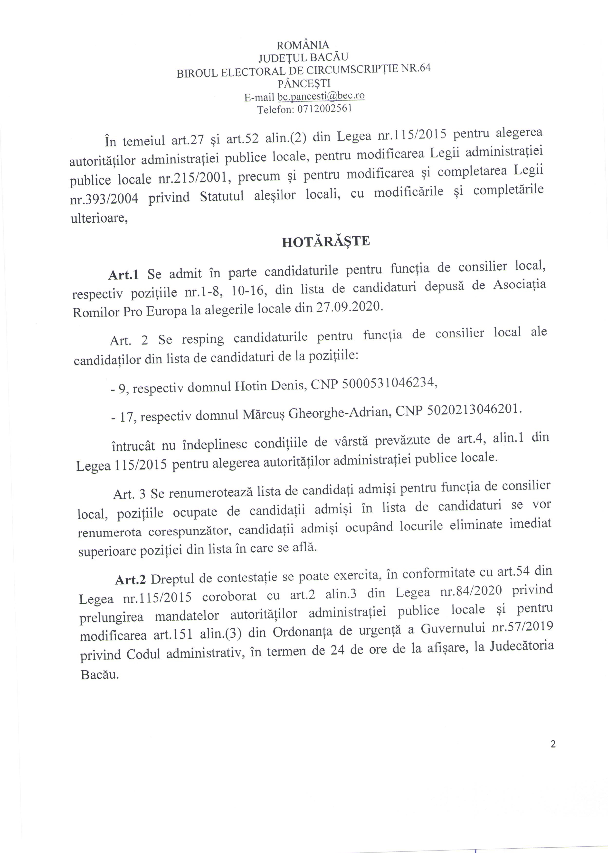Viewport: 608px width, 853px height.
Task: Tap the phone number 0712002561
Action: (325, 109)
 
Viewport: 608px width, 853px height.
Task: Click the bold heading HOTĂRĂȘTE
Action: (326, 242)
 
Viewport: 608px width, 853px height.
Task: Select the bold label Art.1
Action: (123, 275)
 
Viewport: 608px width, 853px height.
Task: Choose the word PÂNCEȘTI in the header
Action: (304, 83)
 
